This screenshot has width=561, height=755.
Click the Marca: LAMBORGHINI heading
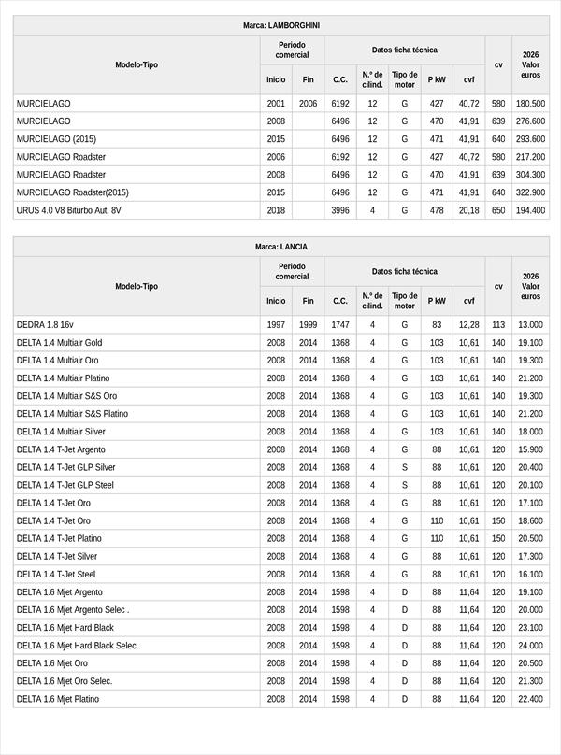pos(280,25)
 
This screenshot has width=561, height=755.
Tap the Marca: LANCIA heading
pos(280,247)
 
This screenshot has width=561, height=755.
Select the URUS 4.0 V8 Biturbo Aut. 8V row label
pos(69,210)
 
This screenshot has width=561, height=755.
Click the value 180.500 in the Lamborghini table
pos(530,103)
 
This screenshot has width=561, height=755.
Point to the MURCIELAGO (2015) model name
pos(56,138)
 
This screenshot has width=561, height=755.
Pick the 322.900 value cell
pos(530,192)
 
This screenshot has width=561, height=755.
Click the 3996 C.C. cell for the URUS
pos(340,210)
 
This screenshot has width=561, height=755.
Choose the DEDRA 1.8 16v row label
pos(45,324)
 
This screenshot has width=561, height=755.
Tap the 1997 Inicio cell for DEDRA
pos(276,324)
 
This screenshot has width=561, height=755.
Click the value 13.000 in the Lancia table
pos(530,324)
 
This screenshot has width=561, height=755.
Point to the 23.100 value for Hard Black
pos(530,628)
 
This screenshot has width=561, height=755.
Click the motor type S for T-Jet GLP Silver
pos(405,467)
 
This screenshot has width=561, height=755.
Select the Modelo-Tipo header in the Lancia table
pos(137,286)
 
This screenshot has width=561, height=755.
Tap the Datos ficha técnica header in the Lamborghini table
pos(404,50)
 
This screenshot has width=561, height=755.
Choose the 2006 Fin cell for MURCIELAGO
pos(309,103)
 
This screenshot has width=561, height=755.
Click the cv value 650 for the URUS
pos(498,210)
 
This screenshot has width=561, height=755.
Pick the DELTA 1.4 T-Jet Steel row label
pos(56,574)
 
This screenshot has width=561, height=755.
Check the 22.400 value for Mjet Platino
pos(530,699)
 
